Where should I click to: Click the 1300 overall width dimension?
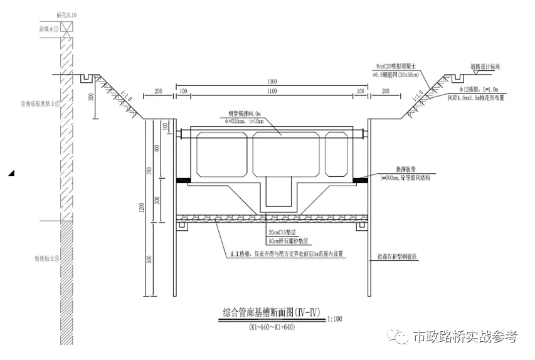point(272,82)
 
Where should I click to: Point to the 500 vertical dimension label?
point(149,260)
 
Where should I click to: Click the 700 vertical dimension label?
point(149,172)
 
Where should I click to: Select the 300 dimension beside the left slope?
point(90,97)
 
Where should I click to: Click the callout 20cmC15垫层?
point(280,233)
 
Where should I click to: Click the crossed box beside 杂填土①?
point(66,28)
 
